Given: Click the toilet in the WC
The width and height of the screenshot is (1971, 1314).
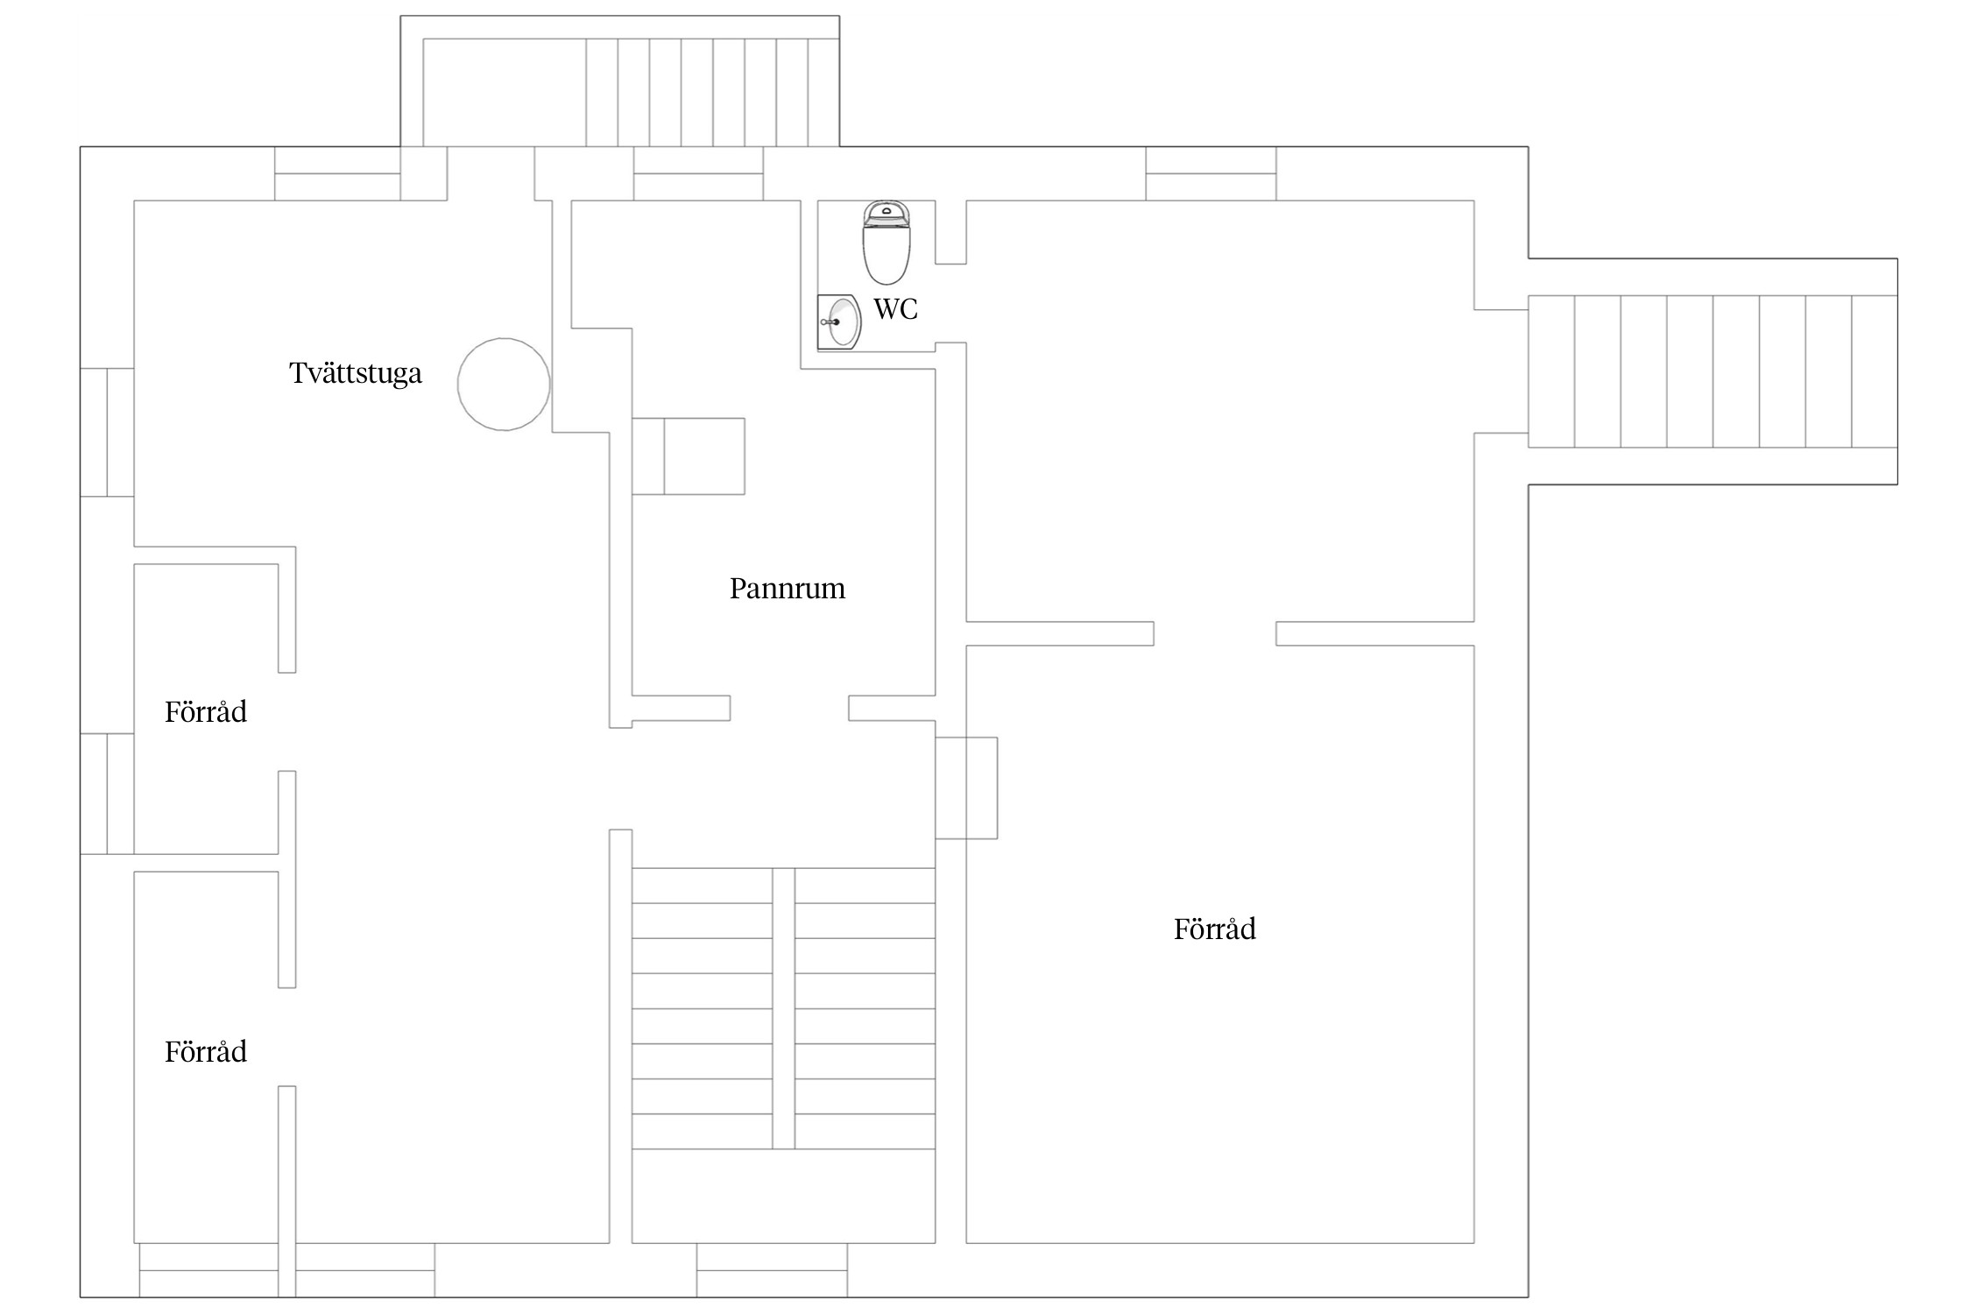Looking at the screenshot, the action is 887,243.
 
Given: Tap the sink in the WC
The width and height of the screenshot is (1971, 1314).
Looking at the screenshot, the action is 839,321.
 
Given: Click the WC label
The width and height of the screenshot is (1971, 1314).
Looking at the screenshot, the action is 895,309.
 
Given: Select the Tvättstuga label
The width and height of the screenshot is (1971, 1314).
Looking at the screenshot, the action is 356,374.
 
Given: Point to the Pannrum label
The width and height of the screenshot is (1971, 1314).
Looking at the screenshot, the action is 788,589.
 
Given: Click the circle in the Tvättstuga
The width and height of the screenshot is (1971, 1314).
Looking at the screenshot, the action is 504,339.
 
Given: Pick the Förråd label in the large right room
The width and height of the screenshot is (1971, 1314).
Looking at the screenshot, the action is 1215,929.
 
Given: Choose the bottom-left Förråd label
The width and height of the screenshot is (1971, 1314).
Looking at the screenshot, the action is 206,1051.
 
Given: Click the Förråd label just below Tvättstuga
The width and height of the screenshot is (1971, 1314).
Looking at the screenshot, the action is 206,711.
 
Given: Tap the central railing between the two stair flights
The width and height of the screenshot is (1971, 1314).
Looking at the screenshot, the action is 784,1008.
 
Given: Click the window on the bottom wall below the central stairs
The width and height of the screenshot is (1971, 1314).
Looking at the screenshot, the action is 772,1270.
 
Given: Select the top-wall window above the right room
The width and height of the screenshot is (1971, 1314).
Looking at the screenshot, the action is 1211,173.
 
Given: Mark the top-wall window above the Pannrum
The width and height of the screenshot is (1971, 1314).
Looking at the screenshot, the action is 698,173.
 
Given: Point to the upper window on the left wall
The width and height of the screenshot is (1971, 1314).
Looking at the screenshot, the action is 107,433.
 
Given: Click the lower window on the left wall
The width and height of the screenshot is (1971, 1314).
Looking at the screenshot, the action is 107,794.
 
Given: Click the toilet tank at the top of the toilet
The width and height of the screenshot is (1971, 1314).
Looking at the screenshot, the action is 887,213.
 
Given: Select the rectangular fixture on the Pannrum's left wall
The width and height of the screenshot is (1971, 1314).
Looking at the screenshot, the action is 689,456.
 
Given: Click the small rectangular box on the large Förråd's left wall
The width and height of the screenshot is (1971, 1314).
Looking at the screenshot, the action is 966,788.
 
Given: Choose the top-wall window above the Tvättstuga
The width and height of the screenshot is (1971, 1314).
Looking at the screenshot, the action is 337,173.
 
